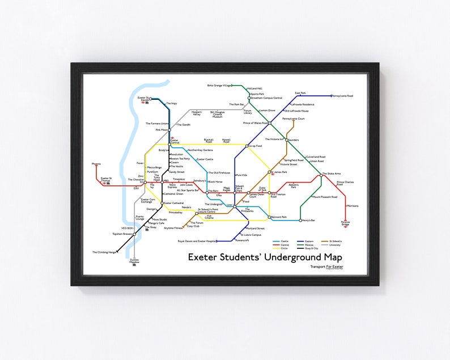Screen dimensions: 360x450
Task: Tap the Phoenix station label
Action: pyautogui.click(x=96, y=164)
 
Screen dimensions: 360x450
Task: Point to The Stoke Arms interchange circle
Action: pyautogui.click(x=321, y=175)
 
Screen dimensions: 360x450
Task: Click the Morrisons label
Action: pyautogui.click(x=352, y=206)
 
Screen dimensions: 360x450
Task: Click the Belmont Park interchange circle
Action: pyautogui.click(x=270, y=217)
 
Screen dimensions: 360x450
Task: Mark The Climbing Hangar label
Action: pyautogui.click(x=104, y=252)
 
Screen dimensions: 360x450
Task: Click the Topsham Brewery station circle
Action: pyautogui.click(x=134, y=234)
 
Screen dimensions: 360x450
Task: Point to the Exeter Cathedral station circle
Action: pyautogui.click(x=162, y=203)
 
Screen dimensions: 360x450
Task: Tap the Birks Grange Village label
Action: pyautogui.click(x=219, y=85)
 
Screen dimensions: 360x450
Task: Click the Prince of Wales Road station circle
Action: pyautogui.click(x=270, y=122)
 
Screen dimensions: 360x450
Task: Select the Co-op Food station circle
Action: pyautogui.click(x=248, y=146)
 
